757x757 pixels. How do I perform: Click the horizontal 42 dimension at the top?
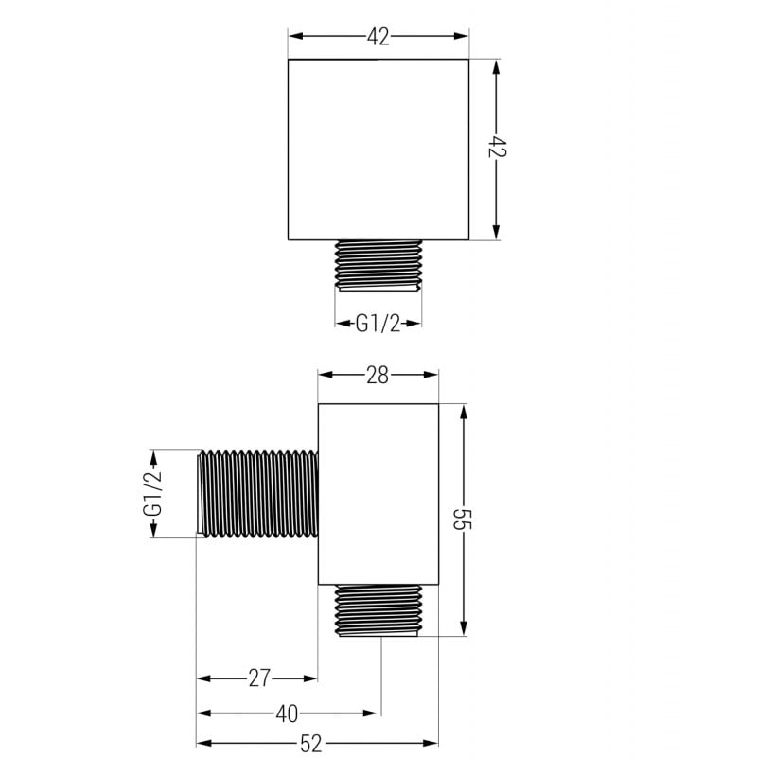point(378,37)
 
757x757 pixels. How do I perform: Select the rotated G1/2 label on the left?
point(152,494)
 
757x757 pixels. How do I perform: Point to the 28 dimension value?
point(378,376)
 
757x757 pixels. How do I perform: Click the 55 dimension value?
point(464,521)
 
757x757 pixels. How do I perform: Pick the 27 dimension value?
point(260,678)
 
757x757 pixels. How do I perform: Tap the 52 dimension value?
point(317,744)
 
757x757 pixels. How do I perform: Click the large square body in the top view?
point(378,150)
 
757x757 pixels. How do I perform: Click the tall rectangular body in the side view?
point(378,494)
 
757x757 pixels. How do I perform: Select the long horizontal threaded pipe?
point(257,494)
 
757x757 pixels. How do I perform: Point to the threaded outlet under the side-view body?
point(378,610)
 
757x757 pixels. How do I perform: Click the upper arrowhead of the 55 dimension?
point(464,413)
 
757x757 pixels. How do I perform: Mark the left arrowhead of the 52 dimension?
point(202,744)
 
